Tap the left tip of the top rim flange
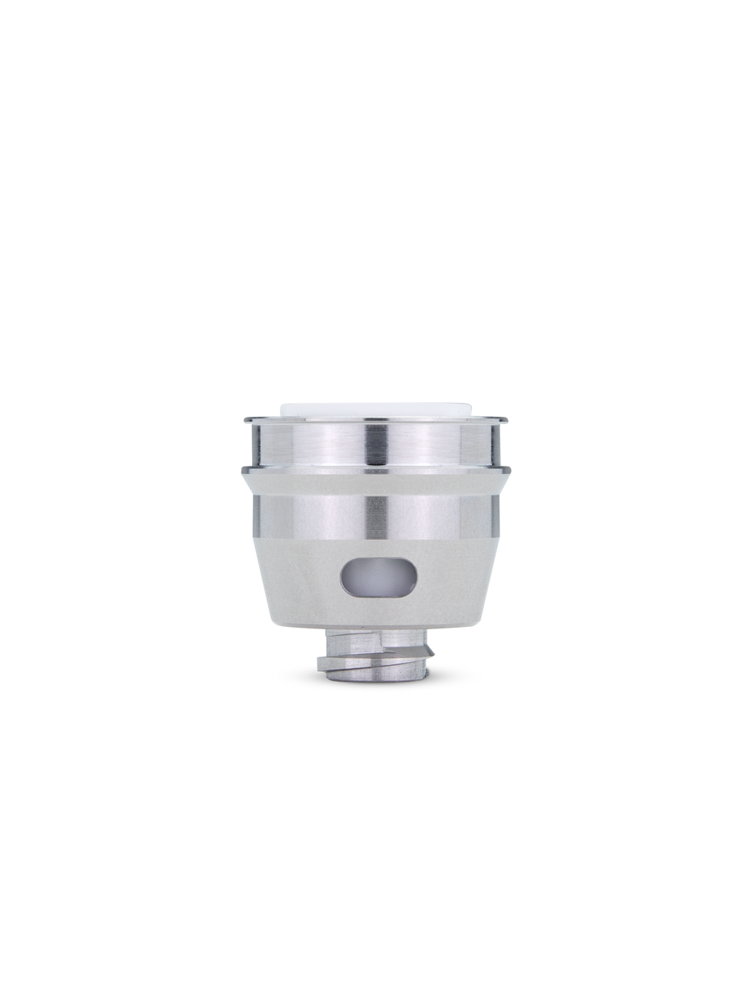click(x=243, y=418)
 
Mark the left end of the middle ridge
click(x=241, y=468)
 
